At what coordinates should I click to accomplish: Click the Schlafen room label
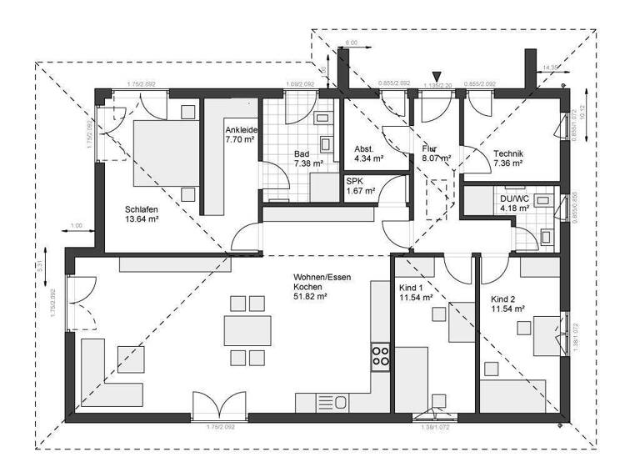[x=142, y=209]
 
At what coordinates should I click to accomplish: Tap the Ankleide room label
[x=241, y=131]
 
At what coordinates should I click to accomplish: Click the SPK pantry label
[x=356, y=181]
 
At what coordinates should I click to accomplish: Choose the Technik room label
[x=507, y=153]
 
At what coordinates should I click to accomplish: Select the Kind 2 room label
[x=507, y=298]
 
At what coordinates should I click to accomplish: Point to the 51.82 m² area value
[x=309, y=296]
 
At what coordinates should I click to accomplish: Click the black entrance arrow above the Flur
[x=436, y=78]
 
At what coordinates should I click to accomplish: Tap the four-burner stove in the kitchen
[x=381, y=356]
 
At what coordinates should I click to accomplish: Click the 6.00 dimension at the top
[x=351, y=42]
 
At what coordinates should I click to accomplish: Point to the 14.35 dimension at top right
[x=551, y=67]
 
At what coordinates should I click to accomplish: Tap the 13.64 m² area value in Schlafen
[x=142, y=219]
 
